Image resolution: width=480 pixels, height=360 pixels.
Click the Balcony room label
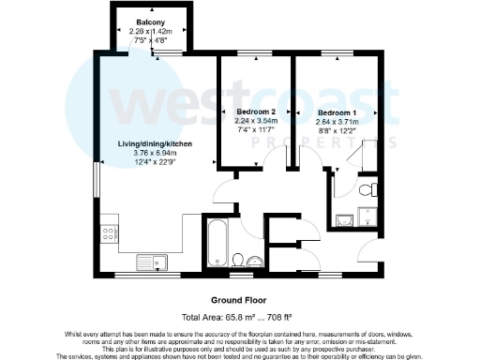pos(151,21)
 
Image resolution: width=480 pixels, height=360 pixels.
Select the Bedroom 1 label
pos(337,112)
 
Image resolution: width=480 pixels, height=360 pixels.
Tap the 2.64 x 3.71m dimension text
pos(337,122)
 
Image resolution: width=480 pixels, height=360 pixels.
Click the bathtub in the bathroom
pos(215,243)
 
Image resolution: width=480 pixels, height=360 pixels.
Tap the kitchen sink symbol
pos(150,261)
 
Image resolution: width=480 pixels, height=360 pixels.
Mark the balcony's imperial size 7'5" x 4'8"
pos(151,40)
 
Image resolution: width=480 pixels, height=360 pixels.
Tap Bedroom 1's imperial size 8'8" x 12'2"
pos(337,131)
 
